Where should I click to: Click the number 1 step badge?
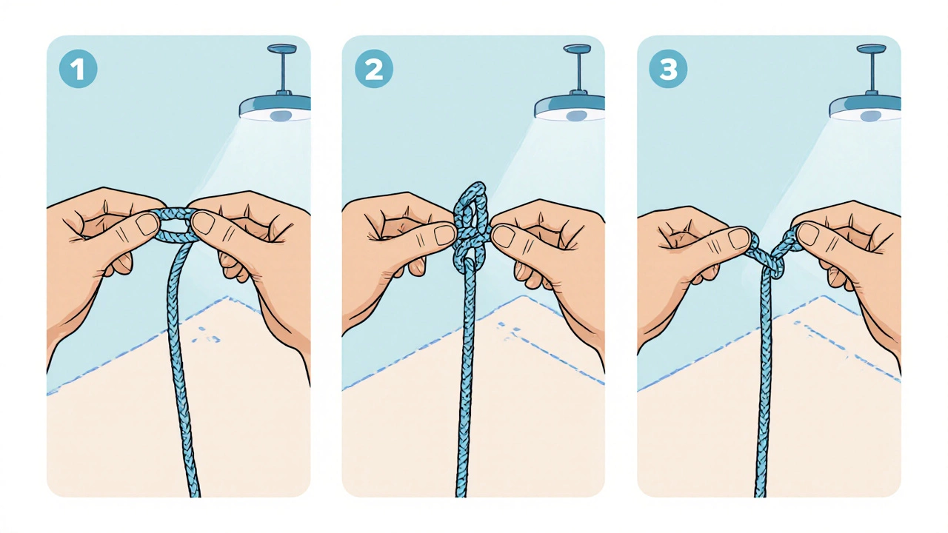(x=79, y=69)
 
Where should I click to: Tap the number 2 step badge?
(x=374, y=69)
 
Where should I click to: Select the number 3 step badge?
(x=668, y=69)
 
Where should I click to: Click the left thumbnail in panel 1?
(x=147, y=224)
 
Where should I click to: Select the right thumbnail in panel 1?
(x=204, y=223)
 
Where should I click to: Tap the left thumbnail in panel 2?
(x=444, y=235)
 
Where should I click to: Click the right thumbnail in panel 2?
(x=503, y=236)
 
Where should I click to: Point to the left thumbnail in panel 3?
(x=740, y=238)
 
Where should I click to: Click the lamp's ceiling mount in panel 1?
(x=282, y=48)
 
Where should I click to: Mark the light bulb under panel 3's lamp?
(x=870, y=116)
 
